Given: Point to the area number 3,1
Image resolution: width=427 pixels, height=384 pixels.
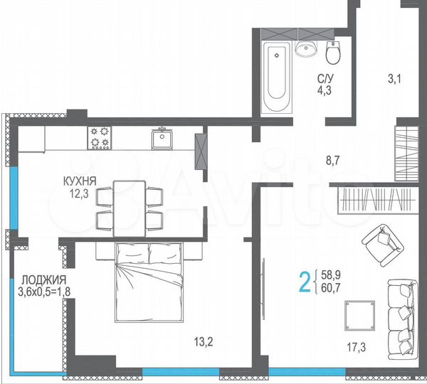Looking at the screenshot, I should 394,79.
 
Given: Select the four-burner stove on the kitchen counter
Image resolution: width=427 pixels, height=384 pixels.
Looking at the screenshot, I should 100,137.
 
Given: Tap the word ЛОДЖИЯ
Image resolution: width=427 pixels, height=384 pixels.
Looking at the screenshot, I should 43,279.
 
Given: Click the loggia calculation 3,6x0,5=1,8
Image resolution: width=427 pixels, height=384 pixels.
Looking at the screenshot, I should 43,290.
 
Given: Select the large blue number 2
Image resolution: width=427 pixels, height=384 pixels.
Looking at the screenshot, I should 305,282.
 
